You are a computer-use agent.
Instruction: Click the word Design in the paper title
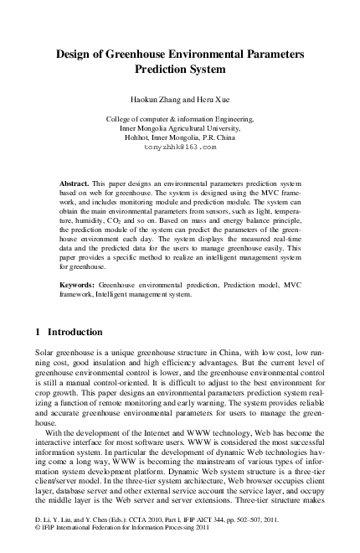(77, 53)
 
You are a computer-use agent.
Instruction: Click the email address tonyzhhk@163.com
(180, 146)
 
